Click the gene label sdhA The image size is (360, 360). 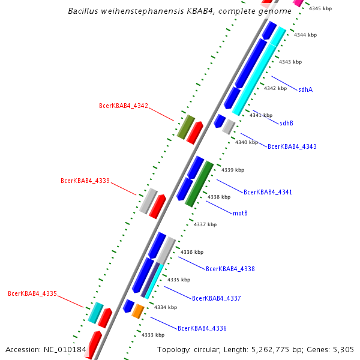pos(305,89)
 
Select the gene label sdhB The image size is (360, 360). pos(286,123)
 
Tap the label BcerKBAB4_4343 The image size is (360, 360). pos(292,146)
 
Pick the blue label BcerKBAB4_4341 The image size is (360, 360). pos(268,192)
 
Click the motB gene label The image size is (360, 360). pos(240,213)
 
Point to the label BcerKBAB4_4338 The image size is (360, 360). pos(230,269)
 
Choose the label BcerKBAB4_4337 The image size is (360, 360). pos(216,298)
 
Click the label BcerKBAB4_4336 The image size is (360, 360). pos(202,328)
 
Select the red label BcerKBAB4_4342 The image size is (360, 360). pos(123,106)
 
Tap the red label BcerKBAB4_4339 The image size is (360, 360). pos(85,181)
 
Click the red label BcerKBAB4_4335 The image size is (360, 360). pos(32,293)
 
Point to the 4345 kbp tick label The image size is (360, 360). pos(320,8)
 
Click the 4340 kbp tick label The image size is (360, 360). pos(246,142)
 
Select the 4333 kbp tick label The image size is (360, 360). pos(152,335)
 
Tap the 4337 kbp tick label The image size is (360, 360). pos(205,224)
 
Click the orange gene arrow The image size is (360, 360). pos(138,311)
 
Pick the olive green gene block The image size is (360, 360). pos(186,127)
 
